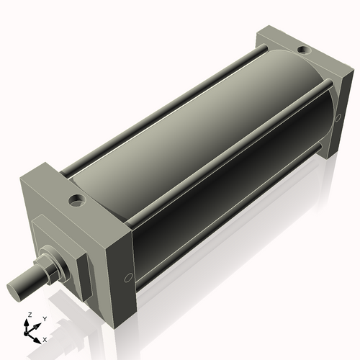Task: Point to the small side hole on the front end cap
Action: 128,276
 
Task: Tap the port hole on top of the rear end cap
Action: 303,51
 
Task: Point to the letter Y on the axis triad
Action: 45,318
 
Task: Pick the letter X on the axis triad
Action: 45,338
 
